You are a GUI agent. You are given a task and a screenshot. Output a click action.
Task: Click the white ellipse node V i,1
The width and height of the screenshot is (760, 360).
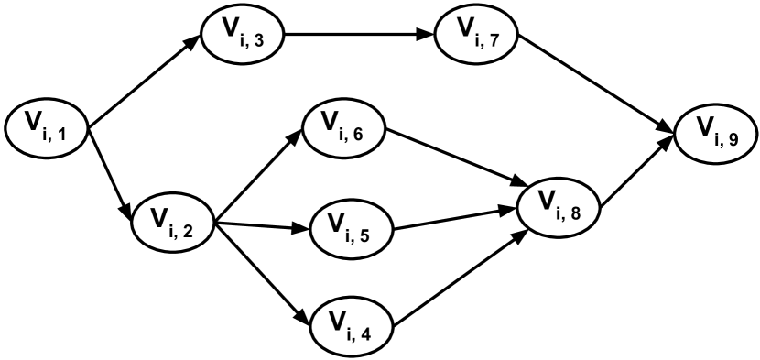pos(47,128)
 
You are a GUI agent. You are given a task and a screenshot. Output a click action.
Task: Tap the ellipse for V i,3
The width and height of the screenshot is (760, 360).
pos(242,34)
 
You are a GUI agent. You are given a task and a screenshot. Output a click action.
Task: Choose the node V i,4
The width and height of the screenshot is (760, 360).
pos(352,325)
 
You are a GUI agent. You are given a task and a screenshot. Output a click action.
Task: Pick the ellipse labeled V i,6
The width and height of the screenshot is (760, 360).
pos(343,127)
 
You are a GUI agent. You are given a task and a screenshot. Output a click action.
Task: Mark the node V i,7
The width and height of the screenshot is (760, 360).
pos(477,35)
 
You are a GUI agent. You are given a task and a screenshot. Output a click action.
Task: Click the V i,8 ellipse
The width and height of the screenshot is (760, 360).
pos(559,207)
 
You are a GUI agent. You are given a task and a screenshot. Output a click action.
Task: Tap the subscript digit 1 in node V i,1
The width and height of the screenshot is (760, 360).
pos(61,136)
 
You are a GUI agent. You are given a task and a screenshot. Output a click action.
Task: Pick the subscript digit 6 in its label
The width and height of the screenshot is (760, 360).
pos(358,136)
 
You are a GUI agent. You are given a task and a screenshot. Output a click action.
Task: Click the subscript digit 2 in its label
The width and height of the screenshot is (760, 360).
pos(188,229)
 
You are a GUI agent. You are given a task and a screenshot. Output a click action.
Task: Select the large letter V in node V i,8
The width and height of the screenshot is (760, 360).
pos(546,201)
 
